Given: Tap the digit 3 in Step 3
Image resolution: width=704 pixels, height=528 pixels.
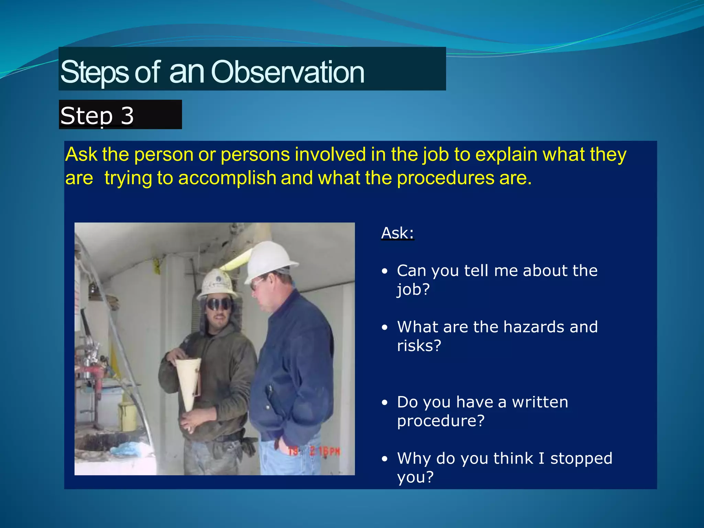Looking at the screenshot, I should click(127, 115).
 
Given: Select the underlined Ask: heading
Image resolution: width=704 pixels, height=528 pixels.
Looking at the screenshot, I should click(398, 233).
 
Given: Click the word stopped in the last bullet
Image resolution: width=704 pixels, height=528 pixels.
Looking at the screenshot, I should click(581, 458).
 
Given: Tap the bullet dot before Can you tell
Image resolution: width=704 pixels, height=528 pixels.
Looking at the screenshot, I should click(385, 271).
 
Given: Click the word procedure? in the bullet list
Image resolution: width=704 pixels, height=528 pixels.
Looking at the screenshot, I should click(441, 421).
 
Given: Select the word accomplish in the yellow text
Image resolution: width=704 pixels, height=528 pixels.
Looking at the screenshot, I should click(227, 178).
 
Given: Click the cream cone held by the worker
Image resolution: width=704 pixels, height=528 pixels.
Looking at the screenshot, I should click(189, 382).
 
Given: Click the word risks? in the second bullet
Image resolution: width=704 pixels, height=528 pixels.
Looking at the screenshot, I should click(419, 345).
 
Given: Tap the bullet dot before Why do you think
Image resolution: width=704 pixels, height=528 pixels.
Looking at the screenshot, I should click(385, 459).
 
